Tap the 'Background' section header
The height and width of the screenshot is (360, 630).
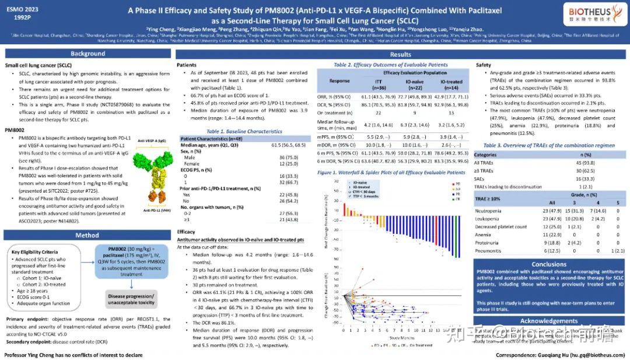click(x=87, y=54)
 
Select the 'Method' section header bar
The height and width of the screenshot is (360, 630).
click(x=87, y=235)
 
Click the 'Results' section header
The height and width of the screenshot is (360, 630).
click(x=400, y=54)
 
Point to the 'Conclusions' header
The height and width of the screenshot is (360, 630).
click(x=549, y=264)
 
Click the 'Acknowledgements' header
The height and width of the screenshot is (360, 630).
click(x=549, y=321)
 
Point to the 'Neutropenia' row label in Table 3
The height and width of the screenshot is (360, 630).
click(x=488, y=211)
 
